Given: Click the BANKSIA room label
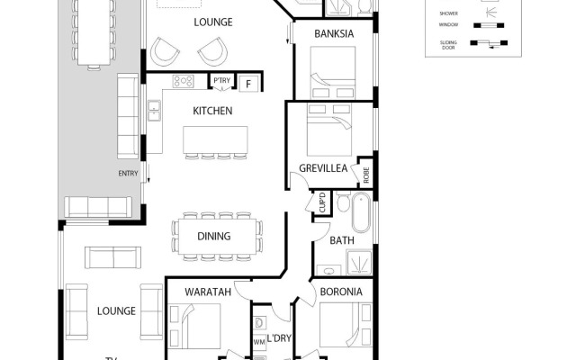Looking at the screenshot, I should point(332,34).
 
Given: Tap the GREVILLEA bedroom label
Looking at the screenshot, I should point(323,168).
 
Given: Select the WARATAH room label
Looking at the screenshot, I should point(208,292).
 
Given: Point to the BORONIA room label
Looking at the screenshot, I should point(341,292).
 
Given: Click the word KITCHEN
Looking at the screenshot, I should point(212,112).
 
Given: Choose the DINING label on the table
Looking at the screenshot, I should point(214,237).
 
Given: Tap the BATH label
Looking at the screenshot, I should point(342,241).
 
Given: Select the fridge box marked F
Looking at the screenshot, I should point(248,84).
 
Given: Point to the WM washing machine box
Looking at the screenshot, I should point(259,342).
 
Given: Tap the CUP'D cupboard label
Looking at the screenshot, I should point(322,206).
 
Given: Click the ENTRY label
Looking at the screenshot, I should point(127,174).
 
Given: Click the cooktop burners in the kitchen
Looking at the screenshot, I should point(184,81).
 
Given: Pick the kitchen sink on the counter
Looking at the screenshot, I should point(154,112).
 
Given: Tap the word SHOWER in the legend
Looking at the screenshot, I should point(447,13).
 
